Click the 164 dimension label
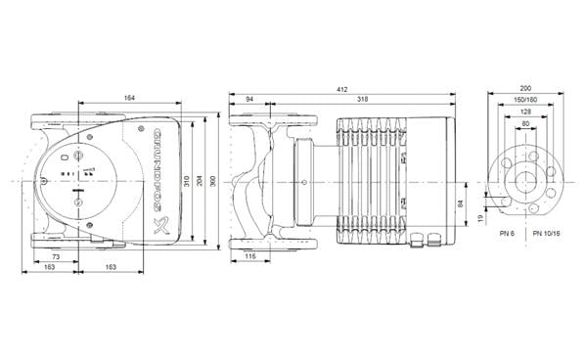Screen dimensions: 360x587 tap(130, 96)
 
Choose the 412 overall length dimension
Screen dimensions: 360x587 tap(341, 89)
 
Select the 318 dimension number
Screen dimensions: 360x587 tap(363, 100)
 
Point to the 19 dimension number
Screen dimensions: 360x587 tap(479, 218)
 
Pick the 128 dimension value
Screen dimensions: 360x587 tap(527, 112)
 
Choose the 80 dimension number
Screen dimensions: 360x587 tap(527, 124)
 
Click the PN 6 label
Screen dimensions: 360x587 tap(505, 234)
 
